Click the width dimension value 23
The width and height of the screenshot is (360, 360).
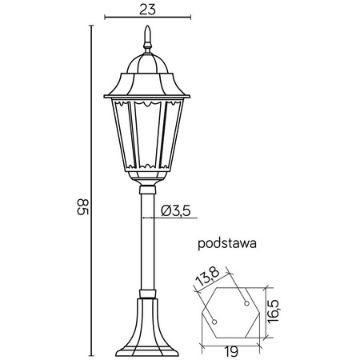(x=146, y=11)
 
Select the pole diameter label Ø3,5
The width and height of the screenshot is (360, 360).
(x=174, y=211)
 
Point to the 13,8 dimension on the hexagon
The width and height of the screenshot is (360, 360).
(x=206, y=279)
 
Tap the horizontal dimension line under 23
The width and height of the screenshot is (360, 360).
(x=146, y=22)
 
